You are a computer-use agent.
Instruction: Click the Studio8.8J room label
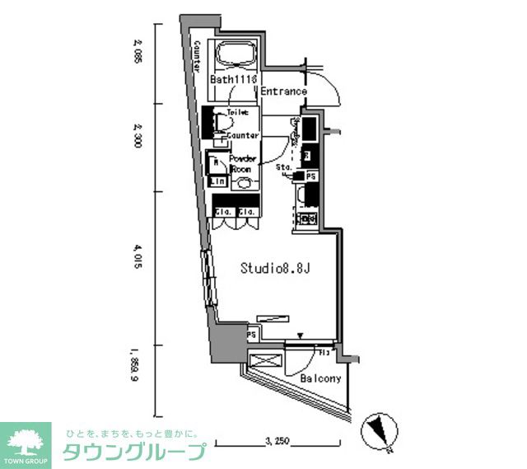[276, 268]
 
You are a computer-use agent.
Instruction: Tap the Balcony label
[319, 379]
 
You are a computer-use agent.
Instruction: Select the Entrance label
[284, 91]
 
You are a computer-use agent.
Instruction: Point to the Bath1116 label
[234, 79]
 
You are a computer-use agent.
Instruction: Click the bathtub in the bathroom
[237, 56]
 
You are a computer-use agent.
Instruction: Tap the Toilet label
[237, 110]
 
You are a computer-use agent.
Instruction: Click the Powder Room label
[242, 162]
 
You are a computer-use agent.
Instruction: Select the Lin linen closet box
[217, 181]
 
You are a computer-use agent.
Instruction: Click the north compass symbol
[377, 429]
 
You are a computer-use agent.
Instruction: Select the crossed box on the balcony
[265, 363]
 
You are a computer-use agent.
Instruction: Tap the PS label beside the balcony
[252, 335]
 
